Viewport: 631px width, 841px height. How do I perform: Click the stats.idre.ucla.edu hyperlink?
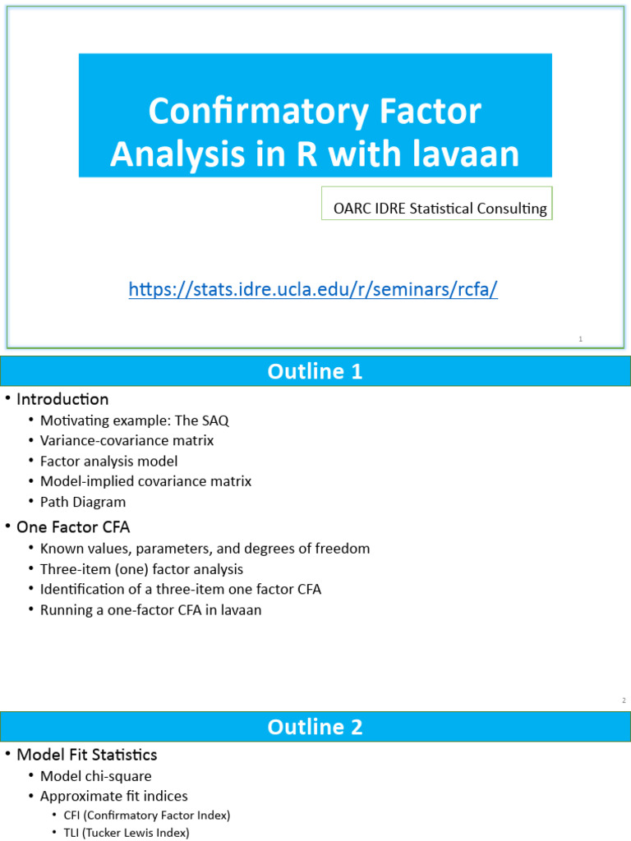(x=313, y=289)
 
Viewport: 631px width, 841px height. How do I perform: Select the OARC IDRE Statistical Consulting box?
(x=440, y=209)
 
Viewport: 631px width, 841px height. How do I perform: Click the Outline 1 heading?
(x=315, y=372)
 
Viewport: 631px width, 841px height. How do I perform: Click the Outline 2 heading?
(x=315, y=727)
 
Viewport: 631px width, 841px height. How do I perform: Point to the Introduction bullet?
(x=62, y=400)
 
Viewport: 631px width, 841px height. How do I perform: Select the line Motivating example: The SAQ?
(x=134, y=420)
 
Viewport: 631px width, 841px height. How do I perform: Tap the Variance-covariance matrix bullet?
(x=127, y=441)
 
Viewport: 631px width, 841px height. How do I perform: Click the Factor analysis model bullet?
(x=108, y=462)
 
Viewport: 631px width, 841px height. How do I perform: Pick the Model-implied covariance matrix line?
(x=145, y=481)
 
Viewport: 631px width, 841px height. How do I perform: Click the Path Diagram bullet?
(x=83, y=502)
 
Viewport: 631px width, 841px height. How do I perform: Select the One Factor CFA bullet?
(x=73, y=527)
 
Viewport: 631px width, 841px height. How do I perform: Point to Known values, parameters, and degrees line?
(x=205, y=549)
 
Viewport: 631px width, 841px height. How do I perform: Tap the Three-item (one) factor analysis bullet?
(x=141, y=569)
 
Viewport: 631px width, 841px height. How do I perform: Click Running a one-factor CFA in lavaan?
(x=150, y=610)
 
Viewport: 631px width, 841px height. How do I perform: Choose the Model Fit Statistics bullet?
(x=86, y=755)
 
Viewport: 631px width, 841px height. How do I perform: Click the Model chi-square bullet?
(x=95, y=776)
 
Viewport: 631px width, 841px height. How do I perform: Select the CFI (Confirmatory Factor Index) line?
(x=146, y=816)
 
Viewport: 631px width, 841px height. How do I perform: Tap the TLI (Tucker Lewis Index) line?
(x=126, y=833)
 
